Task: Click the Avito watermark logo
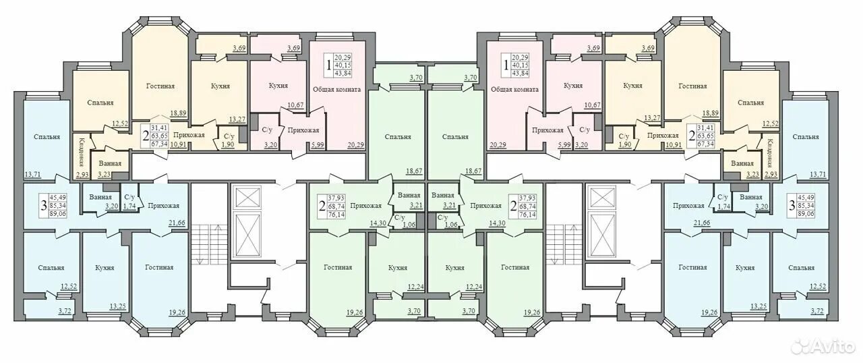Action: [x=819, y=346]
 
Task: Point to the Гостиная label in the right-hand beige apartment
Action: [x=692, y=86]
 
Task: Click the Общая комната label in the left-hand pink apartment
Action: [x=336, y=90]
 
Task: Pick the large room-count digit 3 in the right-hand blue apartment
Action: [x=792, y=205]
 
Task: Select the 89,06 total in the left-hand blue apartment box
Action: [x=58, y=214]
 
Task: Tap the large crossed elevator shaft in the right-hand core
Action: [x=601, y=234]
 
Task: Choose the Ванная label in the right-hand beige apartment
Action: [x=742, y=163]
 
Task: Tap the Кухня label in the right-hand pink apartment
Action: [x=573, y=86]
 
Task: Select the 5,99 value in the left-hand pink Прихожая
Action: [x=318, y=144]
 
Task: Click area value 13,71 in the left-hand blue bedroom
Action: [x=32, y=175]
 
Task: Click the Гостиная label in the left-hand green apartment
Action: [x=338, y=267]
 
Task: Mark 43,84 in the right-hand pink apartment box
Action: [x=520, y=74]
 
